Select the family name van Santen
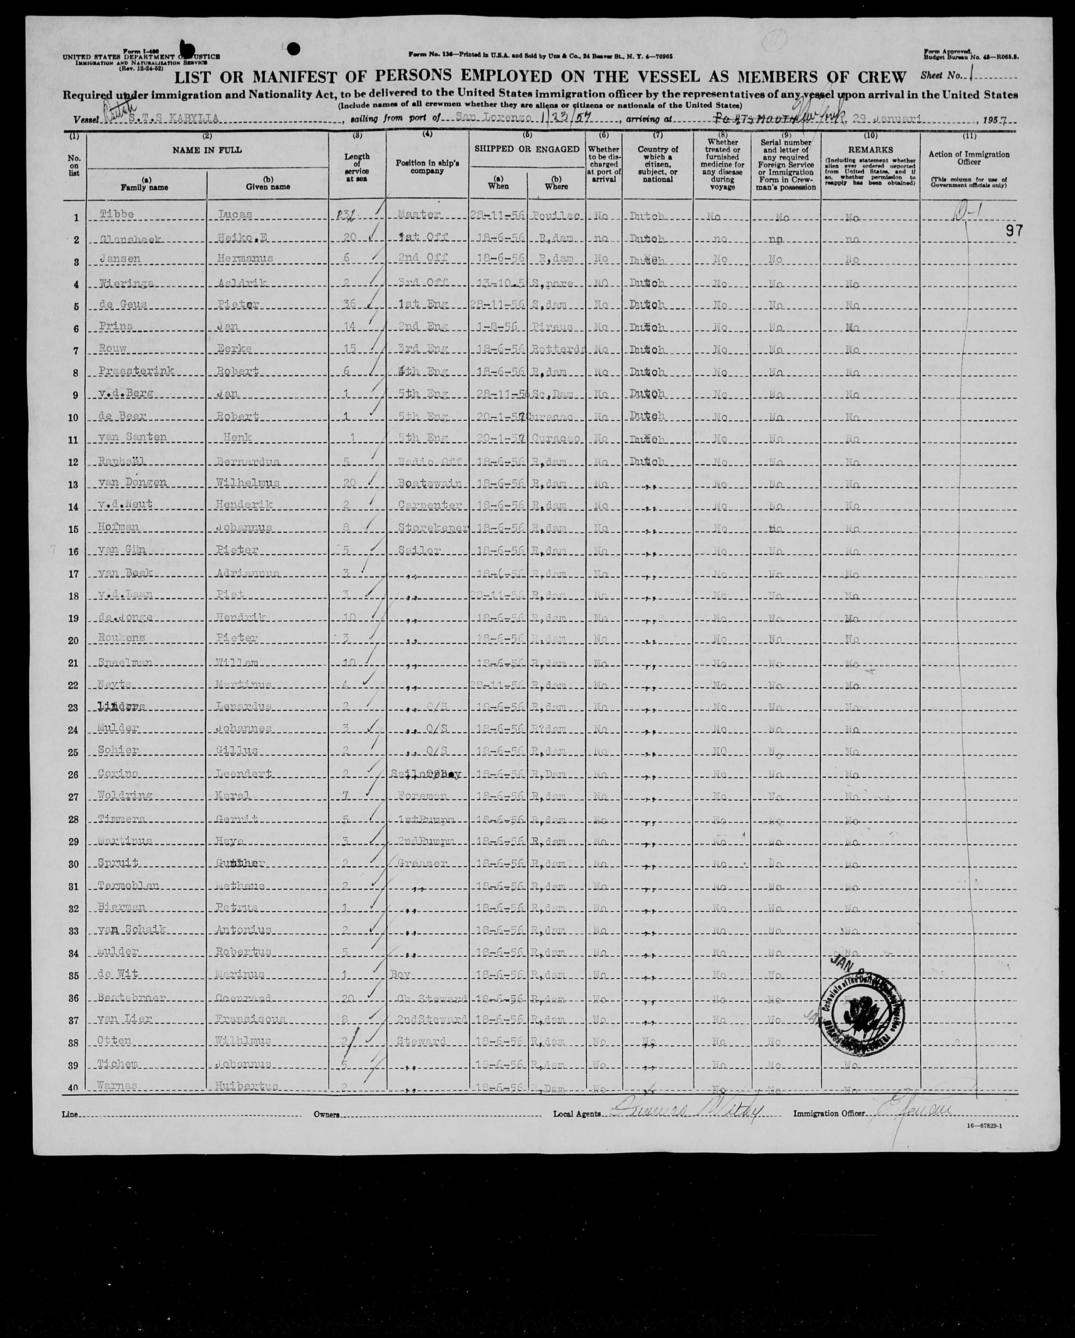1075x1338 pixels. [x=133, y=438]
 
